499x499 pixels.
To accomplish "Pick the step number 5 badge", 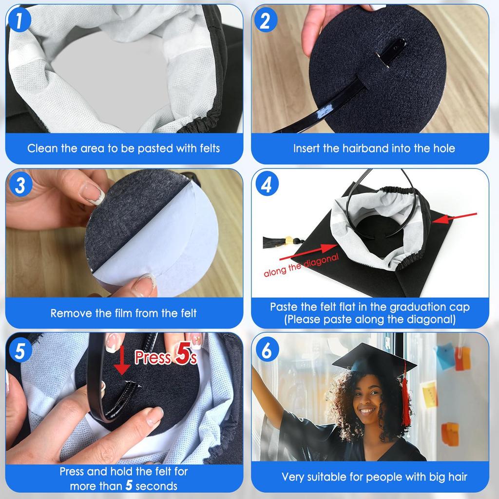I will coord(20,351).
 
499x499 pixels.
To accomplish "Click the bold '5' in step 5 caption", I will coord(129,485).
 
